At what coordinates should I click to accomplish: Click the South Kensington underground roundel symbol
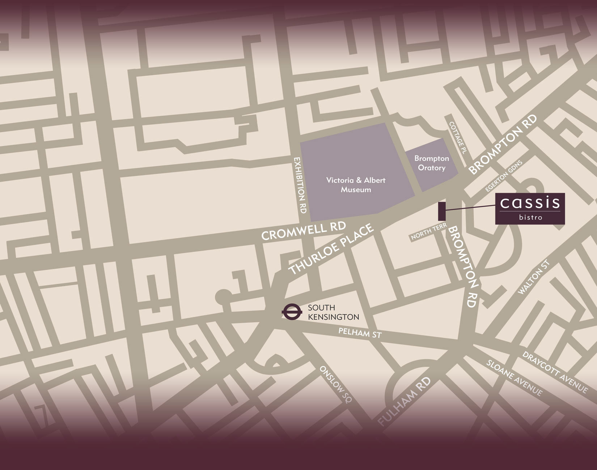(291, 312)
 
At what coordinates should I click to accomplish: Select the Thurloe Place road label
(330, 249)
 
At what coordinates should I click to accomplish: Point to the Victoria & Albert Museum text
(356, 185)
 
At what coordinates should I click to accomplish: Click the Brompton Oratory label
(431, 163)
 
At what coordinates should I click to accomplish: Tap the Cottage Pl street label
(457, 138)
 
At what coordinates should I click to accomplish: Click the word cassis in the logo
(530, 203)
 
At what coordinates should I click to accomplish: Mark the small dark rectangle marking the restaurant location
(442, 211)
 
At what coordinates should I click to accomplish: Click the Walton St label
(534, 277)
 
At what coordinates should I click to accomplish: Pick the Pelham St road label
(360, 333)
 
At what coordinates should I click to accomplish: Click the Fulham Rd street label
(405, 401)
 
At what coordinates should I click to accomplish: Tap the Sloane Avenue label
(514, 377)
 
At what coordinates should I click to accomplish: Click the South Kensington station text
(333, 312)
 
